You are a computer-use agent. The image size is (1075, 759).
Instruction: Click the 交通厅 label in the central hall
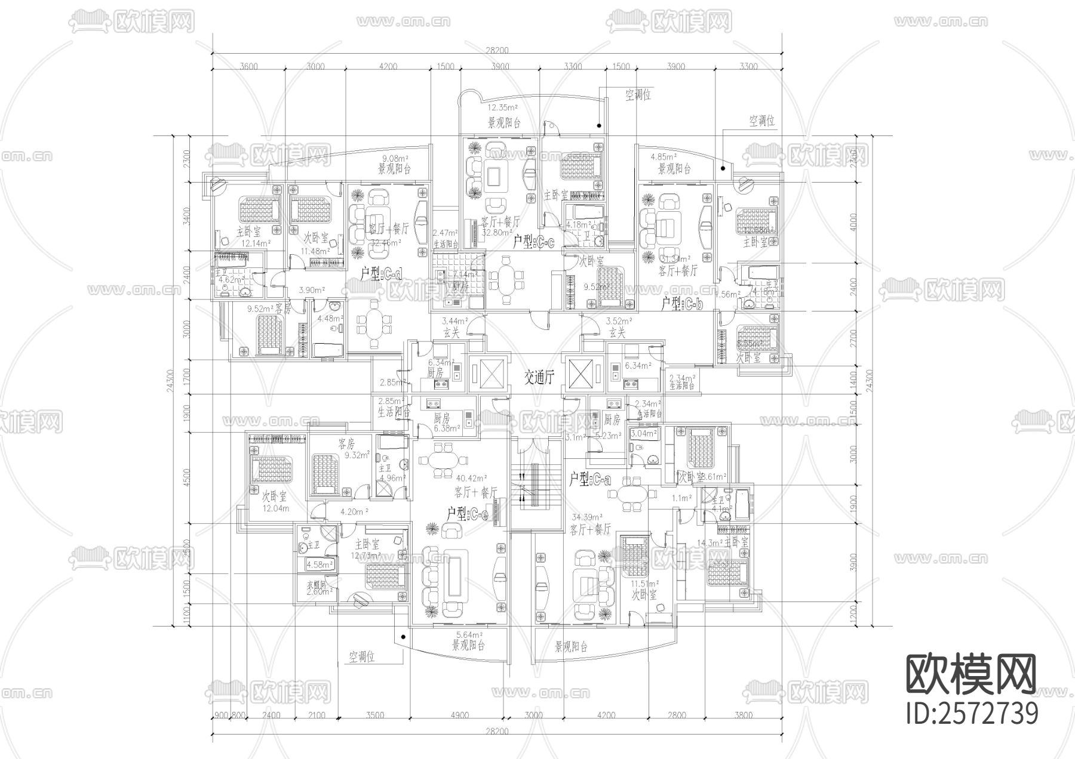539,378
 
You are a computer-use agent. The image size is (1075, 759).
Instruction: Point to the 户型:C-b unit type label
682,303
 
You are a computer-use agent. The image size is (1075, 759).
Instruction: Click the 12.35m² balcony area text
502,108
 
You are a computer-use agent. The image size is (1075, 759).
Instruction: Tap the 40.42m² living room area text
472,478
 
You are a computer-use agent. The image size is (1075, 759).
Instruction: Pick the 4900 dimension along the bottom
459,715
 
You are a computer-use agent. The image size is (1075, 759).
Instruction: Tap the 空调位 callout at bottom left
362,658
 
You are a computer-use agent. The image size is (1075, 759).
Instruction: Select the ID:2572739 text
972,713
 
